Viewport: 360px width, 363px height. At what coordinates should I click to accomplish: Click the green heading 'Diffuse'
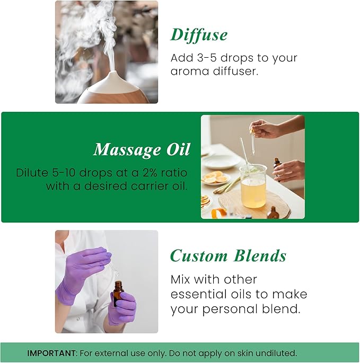199,35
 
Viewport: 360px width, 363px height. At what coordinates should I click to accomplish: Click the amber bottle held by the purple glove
118,293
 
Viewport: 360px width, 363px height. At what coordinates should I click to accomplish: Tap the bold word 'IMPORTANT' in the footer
51,353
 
